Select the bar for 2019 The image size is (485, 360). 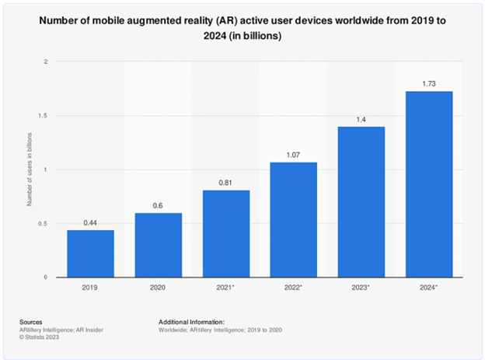point(90,253)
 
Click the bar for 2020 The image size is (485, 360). point(159,245)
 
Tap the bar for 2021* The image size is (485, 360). point(226,233)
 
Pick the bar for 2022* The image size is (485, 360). point(294,219)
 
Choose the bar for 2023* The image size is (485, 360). point(361,201)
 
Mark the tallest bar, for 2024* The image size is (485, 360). point(429,183)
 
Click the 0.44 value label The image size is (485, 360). point(90,223)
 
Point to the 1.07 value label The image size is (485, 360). point(294,156)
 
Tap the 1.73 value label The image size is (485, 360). point(429,84)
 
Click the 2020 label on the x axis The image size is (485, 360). point(159,288)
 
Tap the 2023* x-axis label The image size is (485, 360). point(361,288)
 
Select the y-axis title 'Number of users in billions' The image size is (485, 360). point(30,170)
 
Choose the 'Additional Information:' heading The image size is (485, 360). point(190,320)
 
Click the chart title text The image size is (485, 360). point(242,28)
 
